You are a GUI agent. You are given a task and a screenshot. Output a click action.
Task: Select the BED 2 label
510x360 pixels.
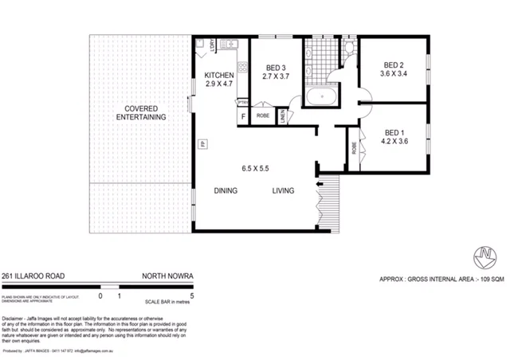(394, 65)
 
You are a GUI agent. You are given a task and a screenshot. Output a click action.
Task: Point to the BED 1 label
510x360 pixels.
(395, 132)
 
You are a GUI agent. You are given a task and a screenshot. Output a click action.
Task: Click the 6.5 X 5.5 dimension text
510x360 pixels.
(257, 169)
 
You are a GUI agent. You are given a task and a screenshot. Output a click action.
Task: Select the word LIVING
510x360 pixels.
(283, 191)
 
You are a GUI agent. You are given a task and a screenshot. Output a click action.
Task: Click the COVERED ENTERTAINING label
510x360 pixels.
(140, 112)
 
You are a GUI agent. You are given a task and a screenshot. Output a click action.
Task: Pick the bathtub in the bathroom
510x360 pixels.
(321, 99)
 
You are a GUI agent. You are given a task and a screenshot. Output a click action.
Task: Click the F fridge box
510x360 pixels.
(243, 116)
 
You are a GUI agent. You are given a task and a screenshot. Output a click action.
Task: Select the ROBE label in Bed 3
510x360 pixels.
(262, 116)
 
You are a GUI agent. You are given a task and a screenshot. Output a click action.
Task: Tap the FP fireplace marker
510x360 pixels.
(203, 144)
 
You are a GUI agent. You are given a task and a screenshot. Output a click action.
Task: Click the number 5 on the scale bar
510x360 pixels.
(193, 295)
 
